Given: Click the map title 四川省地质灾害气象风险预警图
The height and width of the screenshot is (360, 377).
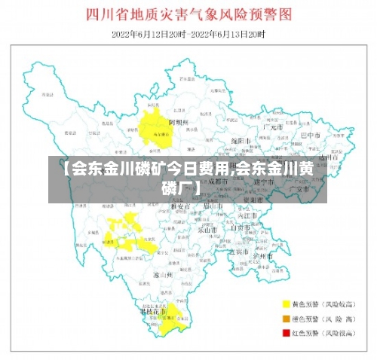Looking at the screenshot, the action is pos(188,14).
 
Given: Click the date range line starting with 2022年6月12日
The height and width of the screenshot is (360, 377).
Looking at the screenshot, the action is pos(188,35).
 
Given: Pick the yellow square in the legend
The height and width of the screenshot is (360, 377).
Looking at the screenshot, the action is pos(287,304).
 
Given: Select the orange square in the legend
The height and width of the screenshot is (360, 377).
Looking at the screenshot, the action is pos(287,318).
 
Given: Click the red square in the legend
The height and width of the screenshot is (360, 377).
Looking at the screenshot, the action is pos(287,331).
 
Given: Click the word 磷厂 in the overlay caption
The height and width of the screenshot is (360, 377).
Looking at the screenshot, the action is pos(182,185).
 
